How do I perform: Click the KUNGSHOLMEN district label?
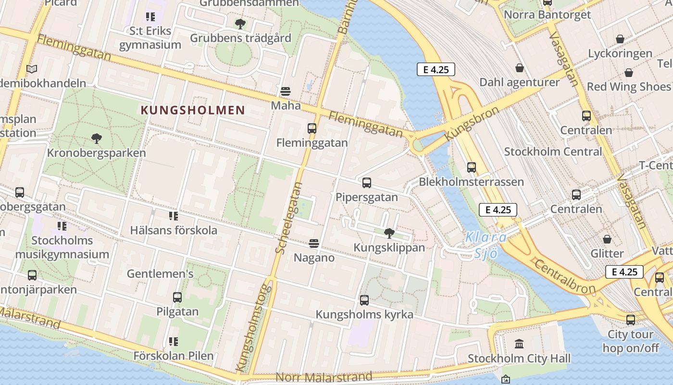[193, 110]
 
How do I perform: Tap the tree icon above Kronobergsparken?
[96, 139]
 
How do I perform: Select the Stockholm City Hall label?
[519, 359]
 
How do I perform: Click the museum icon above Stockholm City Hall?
[519, 344]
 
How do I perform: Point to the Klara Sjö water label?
[486, 245]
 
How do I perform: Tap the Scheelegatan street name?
[289, 217]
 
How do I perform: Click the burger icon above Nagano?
[314, 244]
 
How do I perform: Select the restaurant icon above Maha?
[286, 91]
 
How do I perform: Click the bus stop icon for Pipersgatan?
[367, 183]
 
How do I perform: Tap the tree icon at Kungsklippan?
[389, 233]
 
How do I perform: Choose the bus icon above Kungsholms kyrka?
[364, 300]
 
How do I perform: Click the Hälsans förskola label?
[174, 230]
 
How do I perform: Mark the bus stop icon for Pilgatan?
[177, 297]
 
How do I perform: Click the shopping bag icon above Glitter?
[607, 239]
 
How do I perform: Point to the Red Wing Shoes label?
[628, 87]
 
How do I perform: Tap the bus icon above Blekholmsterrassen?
[472, 167]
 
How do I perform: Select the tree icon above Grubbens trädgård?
[240, 24]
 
